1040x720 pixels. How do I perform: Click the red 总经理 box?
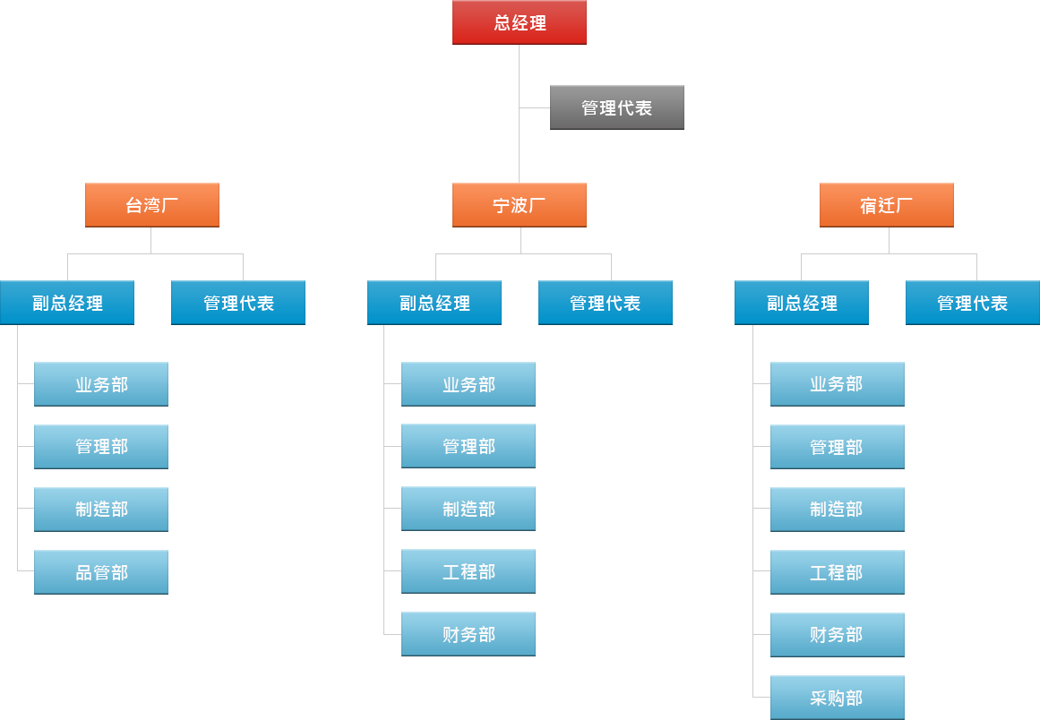coord(520,22)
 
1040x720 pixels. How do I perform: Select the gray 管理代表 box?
coord(617,107)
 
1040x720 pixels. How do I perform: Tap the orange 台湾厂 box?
coord(152,205)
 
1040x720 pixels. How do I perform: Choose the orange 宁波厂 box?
coord(520,205)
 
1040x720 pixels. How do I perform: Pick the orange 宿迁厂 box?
coord(887,205)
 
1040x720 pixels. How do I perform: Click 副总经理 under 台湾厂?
coord(67,303)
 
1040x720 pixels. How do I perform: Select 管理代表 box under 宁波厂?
coord(606,303)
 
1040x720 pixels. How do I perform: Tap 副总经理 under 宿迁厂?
coord(802,303)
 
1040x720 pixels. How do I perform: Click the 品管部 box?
coord(101,572)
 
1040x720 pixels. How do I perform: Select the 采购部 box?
coord(837,698)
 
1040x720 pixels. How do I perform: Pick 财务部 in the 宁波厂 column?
coord(468,634)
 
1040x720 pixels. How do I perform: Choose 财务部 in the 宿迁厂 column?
coord(837,635)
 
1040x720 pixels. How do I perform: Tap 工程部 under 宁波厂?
coord(468,571)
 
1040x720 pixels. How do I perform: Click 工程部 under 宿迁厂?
coord(837,572)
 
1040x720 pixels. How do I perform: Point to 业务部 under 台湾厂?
coord(101,384)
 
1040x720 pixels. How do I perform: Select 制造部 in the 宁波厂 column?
coord(468,510)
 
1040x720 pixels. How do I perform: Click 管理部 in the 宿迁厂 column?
coord(837,447)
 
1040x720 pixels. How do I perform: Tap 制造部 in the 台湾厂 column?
coord(101,510)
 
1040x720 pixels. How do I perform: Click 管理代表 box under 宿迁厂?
coord(973,303)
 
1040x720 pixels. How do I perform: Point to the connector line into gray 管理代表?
coord(535,107)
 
